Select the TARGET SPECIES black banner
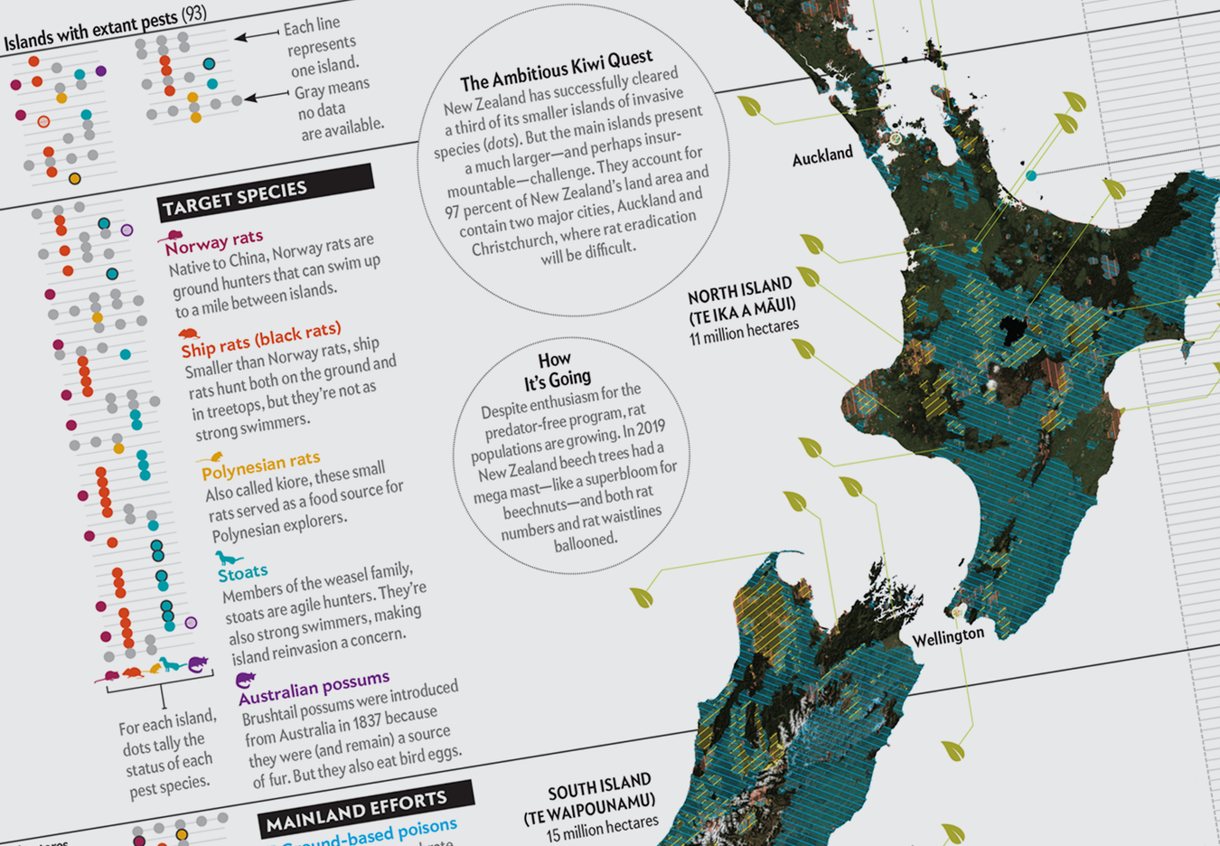coord(264,193)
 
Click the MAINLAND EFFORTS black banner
coord(365,806)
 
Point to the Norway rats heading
coord(213,242)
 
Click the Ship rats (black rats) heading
coord(260,340)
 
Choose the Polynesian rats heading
coord(260,466)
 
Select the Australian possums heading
coord(314,686)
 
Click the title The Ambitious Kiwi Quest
coord(556,70)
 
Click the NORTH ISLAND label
coord(740,291)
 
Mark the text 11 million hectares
coord(744,332)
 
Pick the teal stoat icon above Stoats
coord(228,558)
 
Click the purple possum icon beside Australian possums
coord(245,679)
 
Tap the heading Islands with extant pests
coord(105,27)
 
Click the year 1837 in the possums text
coord(362,724)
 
